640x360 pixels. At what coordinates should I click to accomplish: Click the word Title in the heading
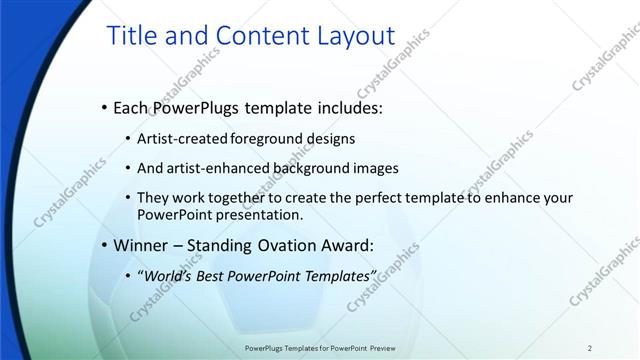(135, 37)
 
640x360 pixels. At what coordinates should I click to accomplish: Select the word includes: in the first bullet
(345, 107)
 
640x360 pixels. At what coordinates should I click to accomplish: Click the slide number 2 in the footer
(590, 348)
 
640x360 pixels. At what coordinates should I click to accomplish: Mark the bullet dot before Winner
(105, 245)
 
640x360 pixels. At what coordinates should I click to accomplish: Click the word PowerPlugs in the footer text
(265, 348)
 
